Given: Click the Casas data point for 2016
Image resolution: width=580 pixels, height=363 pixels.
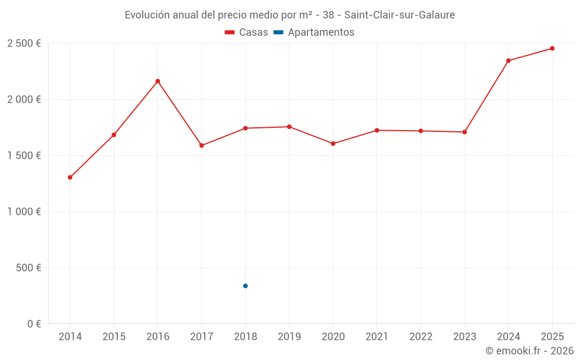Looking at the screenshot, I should click(158, 81).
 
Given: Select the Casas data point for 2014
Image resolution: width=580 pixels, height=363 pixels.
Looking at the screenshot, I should click(70, 177).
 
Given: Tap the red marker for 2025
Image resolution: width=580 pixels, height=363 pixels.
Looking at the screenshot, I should click(552, 48).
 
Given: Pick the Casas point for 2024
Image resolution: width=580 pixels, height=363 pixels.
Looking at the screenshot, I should click(508, 60).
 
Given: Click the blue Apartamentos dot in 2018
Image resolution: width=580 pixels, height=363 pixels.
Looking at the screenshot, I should click(245, 286).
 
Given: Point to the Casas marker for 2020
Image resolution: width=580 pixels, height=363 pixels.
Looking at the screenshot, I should click(333, 143).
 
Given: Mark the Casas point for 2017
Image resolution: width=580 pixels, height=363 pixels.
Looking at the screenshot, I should click(202, 145).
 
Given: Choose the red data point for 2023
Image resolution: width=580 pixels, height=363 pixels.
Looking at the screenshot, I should click(465, 132).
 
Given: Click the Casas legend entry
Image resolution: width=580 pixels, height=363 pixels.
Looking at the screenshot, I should click(246, 33).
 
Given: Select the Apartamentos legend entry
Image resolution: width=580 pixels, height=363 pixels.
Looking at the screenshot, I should click(314, 33).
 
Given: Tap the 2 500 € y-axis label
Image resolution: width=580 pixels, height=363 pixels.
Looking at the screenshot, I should click(24, 44).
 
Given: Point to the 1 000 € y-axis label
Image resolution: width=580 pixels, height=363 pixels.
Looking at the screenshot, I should click(24, 212).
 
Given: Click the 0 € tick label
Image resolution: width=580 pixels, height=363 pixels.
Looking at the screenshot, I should click(34, 324).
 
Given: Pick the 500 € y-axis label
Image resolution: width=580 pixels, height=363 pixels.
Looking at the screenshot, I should click(28, 268).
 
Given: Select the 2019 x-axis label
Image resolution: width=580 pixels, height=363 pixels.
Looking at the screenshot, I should click(289, 337).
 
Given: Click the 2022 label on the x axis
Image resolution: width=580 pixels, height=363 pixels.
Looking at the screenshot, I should click(420, 337).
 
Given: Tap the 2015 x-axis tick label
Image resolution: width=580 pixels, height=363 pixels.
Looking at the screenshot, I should click(114, 337).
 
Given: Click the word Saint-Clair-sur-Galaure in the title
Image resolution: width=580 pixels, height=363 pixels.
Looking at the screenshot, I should click(400, 15).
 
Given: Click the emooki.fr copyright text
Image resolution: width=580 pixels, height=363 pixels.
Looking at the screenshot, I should click(530, 351).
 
